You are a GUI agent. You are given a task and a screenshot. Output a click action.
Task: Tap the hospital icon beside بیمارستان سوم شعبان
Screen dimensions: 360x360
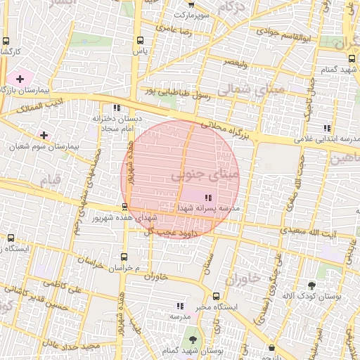click(x=44, y=134)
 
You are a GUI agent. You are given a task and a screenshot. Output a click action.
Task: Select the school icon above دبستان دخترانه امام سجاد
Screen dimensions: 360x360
click(x=116, y=108)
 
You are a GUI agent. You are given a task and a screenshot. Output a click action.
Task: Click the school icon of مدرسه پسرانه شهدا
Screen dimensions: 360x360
click(x=208, y=198)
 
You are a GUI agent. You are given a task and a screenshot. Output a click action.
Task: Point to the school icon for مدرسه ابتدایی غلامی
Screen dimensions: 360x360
click(x=327, y=128)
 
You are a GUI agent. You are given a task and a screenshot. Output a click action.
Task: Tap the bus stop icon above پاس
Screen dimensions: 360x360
click(x=140, y=40)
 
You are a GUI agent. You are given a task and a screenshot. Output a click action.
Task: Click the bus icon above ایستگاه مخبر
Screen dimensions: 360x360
click(x=216, y=296)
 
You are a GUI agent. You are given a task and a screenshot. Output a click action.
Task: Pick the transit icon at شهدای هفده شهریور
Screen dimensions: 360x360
click(x=124, y=207)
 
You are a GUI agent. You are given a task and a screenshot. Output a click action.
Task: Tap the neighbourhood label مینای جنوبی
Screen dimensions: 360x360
click(x=205, y=174)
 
